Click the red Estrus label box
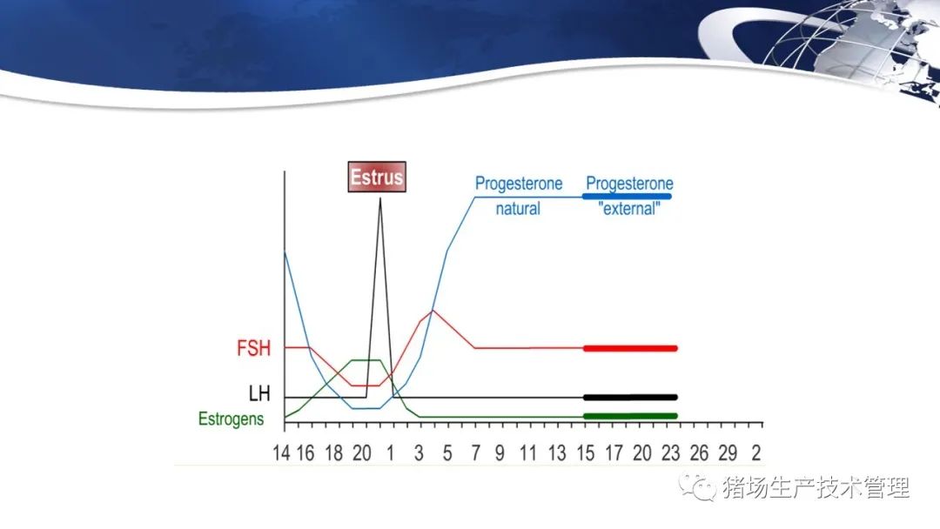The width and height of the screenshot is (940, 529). coord(377,177)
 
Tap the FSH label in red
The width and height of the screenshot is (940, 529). coord(253,348)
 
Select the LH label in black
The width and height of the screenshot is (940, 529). coord(259,393)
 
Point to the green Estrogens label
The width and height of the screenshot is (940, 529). coord(231,419)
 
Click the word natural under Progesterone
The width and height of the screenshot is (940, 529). coord(518,209)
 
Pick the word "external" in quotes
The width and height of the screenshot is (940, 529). coord(629,209)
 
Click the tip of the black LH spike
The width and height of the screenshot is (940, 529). coord(380,198)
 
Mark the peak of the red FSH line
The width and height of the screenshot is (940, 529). coord(433,311)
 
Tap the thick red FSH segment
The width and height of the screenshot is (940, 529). coord(630,348)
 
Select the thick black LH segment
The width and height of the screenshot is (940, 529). coord(630,398)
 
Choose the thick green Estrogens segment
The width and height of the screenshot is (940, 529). coord(630,416)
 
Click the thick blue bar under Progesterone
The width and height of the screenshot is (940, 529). coord(627,196)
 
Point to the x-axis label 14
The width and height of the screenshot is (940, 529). coord(281,453)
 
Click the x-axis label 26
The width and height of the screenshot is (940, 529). coord(699,453)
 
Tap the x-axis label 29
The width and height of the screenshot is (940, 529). coord(728,453)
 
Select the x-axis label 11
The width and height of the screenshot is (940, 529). coord(527,453)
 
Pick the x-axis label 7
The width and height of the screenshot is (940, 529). coord(475,453)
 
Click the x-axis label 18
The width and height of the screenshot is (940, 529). coord(334,453)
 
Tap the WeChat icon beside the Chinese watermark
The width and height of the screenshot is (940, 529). coord(698,487)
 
